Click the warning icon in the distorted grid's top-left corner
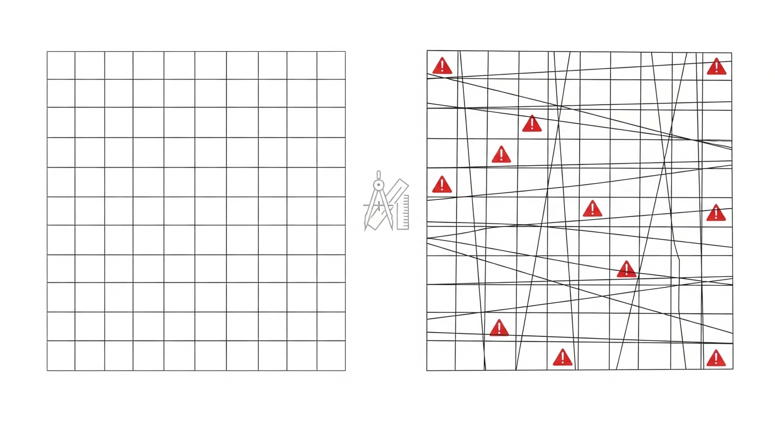pos(441,66)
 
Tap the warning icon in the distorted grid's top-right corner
pos(716,67)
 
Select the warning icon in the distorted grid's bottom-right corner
pos(716,359)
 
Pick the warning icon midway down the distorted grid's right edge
pos(716,213)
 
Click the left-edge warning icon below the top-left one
pos(441,185)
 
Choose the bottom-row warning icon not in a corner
pos(563,358)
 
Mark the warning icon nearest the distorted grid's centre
pos(592,209)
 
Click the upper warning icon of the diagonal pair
pos(532,124)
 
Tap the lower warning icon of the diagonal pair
pos(501,155)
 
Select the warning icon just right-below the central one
pos(626,269)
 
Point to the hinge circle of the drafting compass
pos(378,183)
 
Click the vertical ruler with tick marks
pos(403,211)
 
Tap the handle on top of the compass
pos(378,173)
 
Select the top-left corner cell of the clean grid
pos(61,66)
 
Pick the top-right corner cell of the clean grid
pos(331,66)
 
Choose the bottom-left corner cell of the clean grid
pos(61,356)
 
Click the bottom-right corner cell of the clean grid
pos(331,356)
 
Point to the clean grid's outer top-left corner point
pos(47,52)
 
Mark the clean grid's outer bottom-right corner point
pos(345,371)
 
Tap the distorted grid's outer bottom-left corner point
pos(427,370)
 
